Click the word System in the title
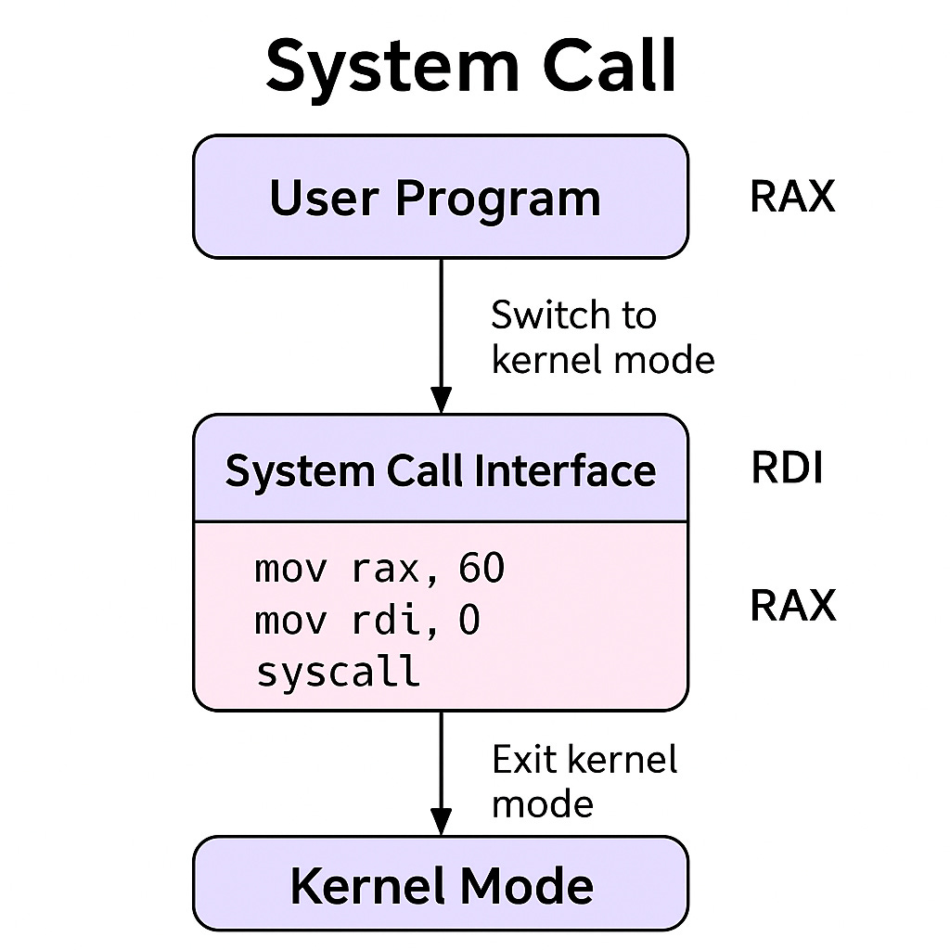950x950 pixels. click(x=372, y=68)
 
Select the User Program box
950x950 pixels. click(x=440, y=197)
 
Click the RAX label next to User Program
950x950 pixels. click(x=792, y=197)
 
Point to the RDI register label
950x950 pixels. click(x=787, y=469)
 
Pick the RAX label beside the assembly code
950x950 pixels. click(x=792, y=606)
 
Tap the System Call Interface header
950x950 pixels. click(x=440, y=469)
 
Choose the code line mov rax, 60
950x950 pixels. click(x=379, y=568)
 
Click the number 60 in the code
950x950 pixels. click(x=481, y=568)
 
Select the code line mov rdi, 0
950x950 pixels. click(x=367, y=620)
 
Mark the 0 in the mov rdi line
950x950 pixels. click(x=469, y=620)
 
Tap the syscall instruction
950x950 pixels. click(x=338, y=671)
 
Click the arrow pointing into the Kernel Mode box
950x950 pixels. click(x=441, y=774)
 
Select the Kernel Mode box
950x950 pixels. click(x=440, y=885)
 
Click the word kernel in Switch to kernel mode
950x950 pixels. click(x=537, y=359)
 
